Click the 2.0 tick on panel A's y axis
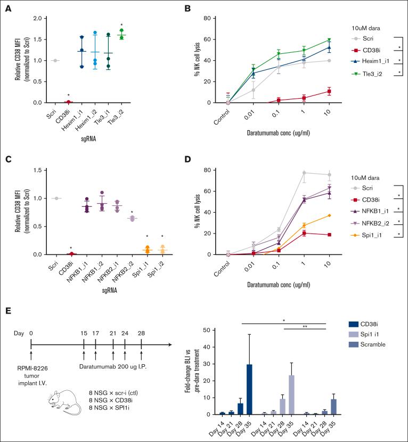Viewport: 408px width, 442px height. point(36,18)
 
